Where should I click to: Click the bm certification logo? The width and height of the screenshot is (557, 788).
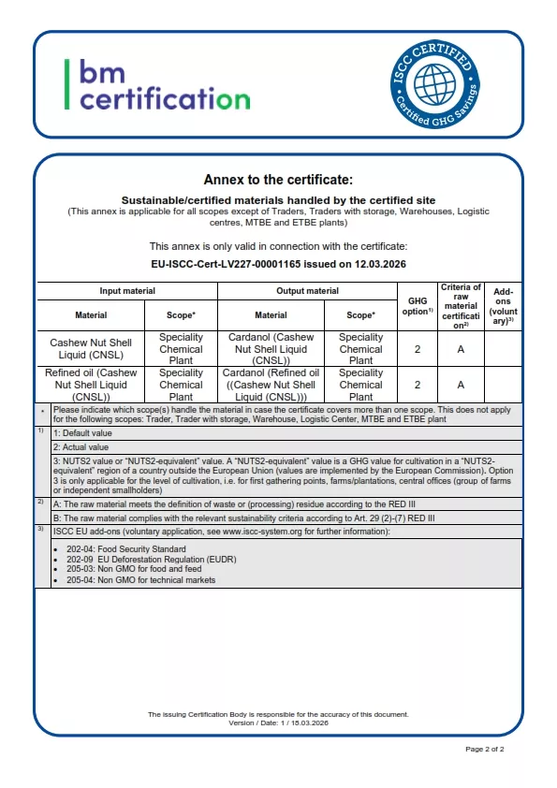pos(157,84)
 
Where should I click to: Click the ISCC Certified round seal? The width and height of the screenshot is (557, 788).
pos(434,82)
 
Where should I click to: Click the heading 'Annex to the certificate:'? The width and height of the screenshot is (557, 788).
pos(278,180)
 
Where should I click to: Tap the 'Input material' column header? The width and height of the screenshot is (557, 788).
pos(129,291)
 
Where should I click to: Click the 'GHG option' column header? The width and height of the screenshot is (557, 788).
pos(417,306)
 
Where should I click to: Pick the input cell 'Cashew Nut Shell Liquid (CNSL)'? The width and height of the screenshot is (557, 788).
pos(91,348)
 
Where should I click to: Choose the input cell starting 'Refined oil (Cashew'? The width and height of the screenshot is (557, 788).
pos(91,384)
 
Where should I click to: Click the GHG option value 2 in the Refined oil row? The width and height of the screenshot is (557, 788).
pos(417,384)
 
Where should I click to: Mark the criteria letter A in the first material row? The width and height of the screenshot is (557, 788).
pos(461,348)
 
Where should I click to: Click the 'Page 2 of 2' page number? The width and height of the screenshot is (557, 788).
pos(485,750)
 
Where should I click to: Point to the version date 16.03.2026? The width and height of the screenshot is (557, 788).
pos(308,722)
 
